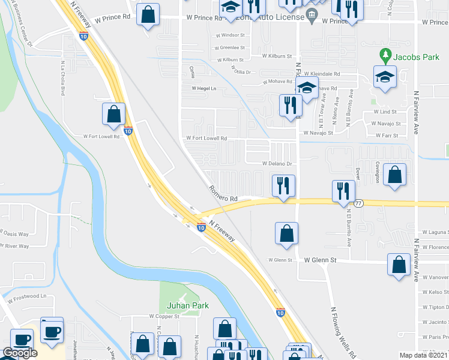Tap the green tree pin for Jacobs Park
pyautogui.click(x=386, y=56)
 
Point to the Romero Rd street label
pyautogui.click(x=224, y=193)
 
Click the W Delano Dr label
pyautogui.click(x=276, y=164)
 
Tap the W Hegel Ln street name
pyautogui.click(x=203, y=88)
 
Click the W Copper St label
pyautogui.click(x=164, y=316)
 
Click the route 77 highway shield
pyautogui.click(x=358, y=203)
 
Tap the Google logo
pyautogui.click(x=20, y=353)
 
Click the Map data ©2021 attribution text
pyautogui.click(x=424, y=355)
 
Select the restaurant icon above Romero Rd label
pyautogui.click(x=283, y=185)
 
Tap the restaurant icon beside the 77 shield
pyautogui.click(x=343, y=191)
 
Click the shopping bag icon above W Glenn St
pyautogui.click(x=287, y=233)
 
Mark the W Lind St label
pyautogui.click(x=385, y=112)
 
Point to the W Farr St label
pyautogui.click(x=387, y=136)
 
